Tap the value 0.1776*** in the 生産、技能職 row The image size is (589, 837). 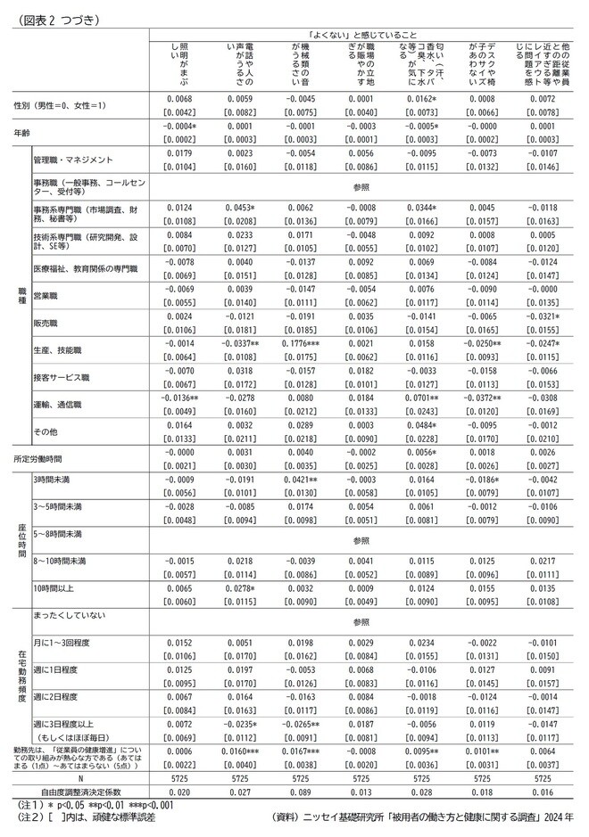click(x=303, y=343)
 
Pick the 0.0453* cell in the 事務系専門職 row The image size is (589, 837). click(x=240, y=209)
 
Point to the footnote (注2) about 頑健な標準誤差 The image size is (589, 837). click(x=86, y=816)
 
